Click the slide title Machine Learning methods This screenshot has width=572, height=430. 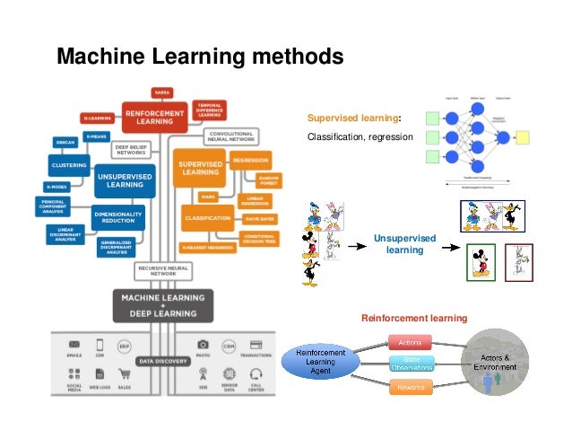pos(200,57)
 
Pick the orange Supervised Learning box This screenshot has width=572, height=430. pos(200,166)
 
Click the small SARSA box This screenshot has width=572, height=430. pos(161,92)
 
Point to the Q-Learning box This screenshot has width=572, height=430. pos(99,118)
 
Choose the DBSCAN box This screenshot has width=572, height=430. pos(65,143)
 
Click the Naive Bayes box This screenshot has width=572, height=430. pos(259,218)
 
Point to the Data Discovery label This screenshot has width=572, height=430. pos(161,361)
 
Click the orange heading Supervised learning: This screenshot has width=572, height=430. pos(354,118)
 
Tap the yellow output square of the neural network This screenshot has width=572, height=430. pos(522,138)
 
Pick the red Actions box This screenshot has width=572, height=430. pos(411,342)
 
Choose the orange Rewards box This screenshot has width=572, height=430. pos(411,387)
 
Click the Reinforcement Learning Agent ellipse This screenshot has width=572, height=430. pos(321,362)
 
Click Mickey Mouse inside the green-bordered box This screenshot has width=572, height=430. pos(481,263)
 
